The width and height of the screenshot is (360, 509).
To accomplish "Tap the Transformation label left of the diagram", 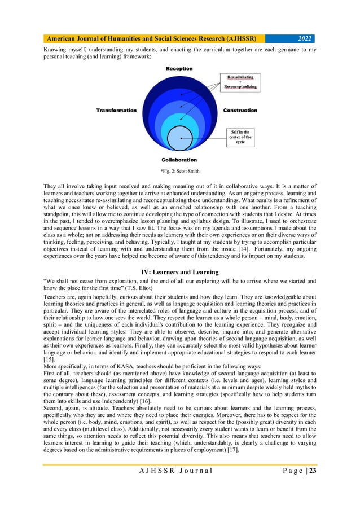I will [x=116, y=110].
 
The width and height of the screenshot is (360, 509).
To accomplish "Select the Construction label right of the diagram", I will [x=240, y=110].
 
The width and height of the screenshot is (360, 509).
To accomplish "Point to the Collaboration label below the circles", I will [x=179, y=160].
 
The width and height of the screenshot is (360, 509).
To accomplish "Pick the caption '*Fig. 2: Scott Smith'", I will [x=179, y=171].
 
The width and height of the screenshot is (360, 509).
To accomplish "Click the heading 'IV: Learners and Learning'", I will [x=179, y=273].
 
